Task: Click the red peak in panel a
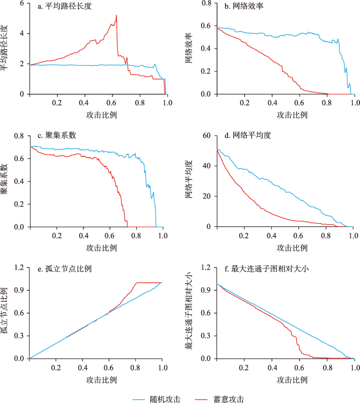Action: coord(116,15)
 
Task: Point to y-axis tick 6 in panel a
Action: coord(22,3)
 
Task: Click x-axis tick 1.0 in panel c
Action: coord(162,235)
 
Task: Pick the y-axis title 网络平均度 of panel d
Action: coord(189,181)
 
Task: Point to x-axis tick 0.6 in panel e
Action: coord(109,367)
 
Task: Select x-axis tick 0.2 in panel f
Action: coord(244,367)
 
